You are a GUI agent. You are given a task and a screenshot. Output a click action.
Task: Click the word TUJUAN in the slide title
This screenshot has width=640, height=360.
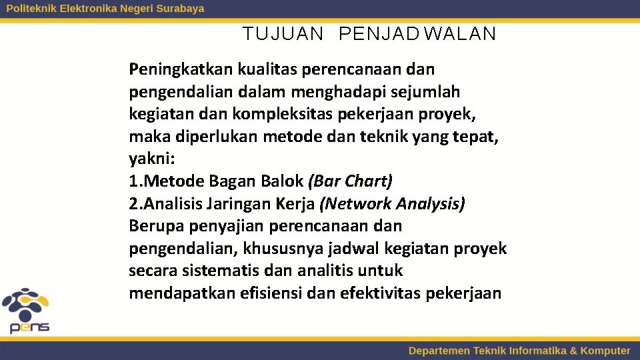[283, 34]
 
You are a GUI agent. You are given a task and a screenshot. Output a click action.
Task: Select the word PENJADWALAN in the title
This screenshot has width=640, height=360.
[417, 34]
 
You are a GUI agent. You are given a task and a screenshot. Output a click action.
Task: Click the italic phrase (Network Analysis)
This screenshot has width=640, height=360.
[392, 204]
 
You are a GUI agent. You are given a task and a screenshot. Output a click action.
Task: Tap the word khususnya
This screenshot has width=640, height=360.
[284, 249]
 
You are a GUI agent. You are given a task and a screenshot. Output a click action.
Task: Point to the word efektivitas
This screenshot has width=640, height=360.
[379, 293]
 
